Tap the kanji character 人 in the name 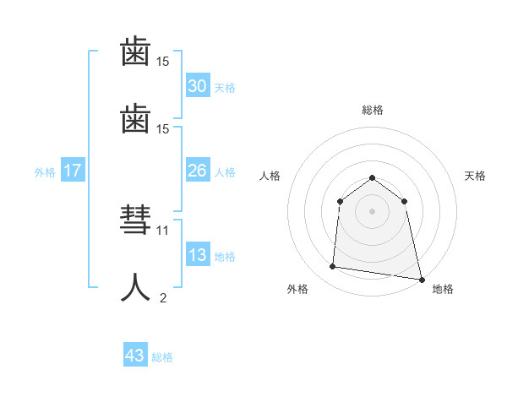[135, 287]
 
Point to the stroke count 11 [163, 230]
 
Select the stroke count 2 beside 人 [163, 296]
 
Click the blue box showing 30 [197, 86]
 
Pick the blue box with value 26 [197, 171]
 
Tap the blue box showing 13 [197, 255]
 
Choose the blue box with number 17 [73, 171]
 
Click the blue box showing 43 [134, 356]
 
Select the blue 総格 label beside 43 [162, 357]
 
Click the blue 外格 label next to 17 [45, 172]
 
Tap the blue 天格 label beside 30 [225, 88]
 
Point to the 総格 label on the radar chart [372, 110]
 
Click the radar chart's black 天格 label [475, 176]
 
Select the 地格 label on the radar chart [443, 289]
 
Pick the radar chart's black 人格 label [270, 176]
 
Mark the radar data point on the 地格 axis [421, 279]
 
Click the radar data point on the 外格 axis [332, 267]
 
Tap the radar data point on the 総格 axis [372, 177]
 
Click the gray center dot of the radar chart [372, 211]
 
